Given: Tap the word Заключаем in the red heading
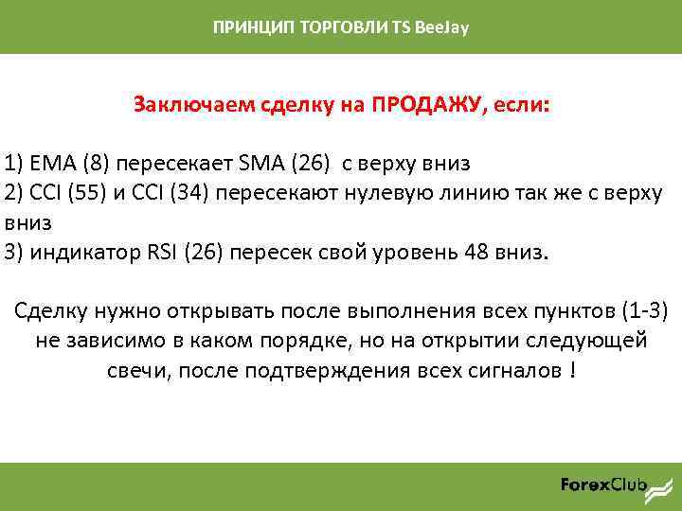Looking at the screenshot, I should click(x=182, y=103).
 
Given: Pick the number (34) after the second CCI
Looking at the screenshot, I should click(x=191, y=193).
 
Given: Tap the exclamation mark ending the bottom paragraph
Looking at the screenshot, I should click(x=573, y=370).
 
